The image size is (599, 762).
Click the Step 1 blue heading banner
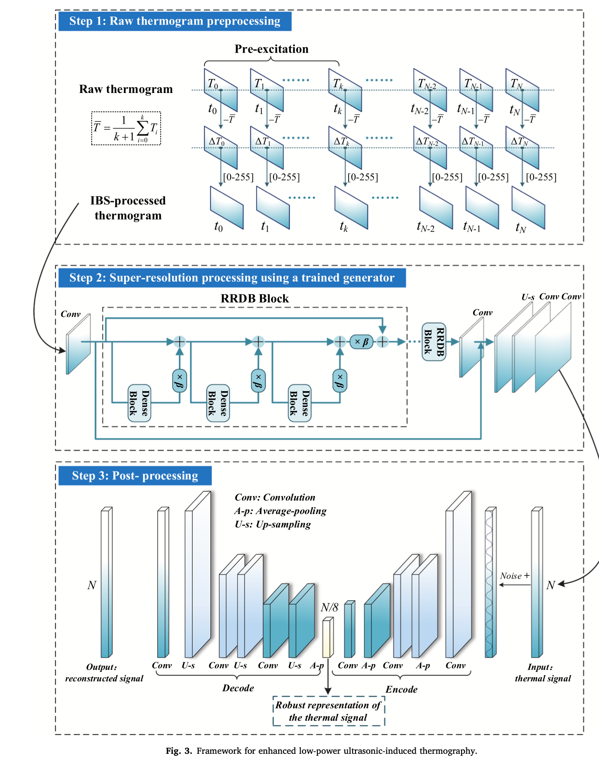[175, 21]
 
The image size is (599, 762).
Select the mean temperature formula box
[126, 128]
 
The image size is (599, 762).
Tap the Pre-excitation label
[272, 49]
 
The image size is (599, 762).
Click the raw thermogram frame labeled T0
[220, 90]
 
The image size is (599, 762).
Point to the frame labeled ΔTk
[345, 147]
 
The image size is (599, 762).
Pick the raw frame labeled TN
[522, 90]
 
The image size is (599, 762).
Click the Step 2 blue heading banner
[232, 278]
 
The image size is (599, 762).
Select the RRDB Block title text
[255, 299]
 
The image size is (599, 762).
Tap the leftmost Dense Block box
[139, 403]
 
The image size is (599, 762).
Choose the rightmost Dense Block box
[299, 403]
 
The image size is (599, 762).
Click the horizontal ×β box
[361, 342]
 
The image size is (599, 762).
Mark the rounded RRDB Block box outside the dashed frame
[434, 342]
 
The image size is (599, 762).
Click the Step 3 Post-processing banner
[135, 475]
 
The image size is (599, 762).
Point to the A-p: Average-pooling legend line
[280, 511]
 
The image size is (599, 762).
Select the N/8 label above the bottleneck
[329, 607]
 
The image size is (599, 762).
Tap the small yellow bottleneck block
[328, 638]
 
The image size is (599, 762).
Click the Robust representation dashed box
[328, 711]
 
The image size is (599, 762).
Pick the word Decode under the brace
[238, 688]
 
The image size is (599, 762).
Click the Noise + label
[515, 576]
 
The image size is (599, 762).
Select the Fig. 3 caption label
[179, 751]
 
